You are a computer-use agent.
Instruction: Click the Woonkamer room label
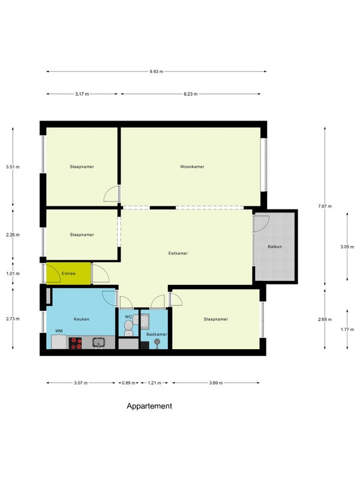point(192,167)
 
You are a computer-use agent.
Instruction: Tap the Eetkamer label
point(178,253)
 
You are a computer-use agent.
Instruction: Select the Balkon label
point(275,247)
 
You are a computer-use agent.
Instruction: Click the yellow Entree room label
point(68,274)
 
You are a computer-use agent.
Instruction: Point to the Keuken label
point(82,319)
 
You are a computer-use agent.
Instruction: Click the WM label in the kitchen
point(59,331)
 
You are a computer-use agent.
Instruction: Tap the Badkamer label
point(157,334)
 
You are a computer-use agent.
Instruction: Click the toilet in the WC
point(128,328)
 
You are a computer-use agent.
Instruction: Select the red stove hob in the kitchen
point(76,343)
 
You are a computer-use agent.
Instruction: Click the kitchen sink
point(98,343)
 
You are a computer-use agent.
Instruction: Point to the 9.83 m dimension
point(157,71)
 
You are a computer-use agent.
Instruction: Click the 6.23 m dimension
point(190,94)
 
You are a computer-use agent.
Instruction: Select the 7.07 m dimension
point(325,206)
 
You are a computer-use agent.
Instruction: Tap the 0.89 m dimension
point(128,383)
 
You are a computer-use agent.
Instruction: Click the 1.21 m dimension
point(154,383)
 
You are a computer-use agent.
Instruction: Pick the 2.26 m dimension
point(13,235)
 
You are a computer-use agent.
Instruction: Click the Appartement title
point(149,406)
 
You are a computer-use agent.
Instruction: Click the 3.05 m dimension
point(347,247)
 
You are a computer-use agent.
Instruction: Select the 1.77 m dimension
point(347,329)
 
